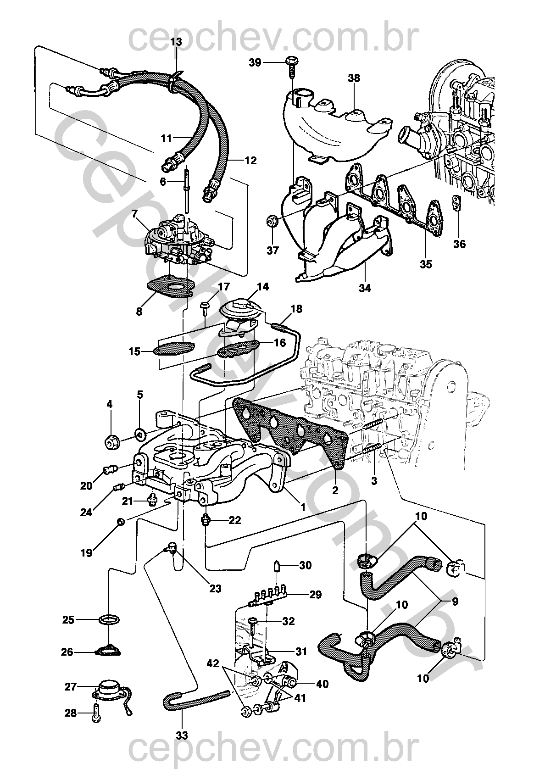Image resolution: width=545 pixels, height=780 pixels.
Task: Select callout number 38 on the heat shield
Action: [x=354, y=78]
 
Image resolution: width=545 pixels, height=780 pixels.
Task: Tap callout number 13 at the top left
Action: [x=176, y=42]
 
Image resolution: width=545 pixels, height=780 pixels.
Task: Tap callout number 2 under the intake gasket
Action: [x=335, y=490]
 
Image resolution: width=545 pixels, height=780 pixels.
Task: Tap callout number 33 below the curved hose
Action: [x=182, y=735]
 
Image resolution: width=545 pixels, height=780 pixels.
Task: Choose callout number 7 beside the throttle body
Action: [x=134, y=213]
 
